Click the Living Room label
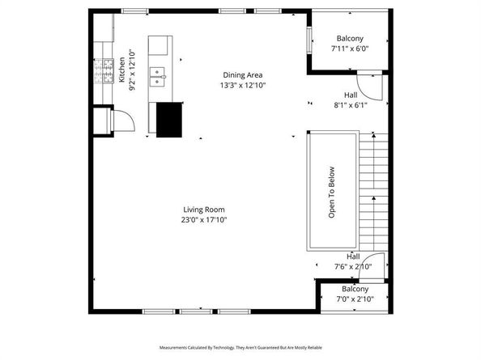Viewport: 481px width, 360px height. (x=203, y=210)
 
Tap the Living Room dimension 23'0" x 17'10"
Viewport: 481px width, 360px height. (x=203, y=219)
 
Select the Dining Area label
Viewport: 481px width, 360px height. (x=242, y=75)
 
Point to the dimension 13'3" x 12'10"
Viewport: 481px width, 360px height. (x=242, y=85)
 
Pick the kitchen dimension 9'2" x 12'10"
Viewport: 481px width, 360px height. (x=132, y=70)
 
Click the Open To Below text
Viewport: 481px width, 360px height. (x=331, y=193)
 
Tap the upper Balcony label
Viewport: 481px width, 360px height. (x=350, y=38)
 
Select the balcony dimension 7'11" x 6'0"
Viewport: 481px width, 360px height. (x=350, y=48)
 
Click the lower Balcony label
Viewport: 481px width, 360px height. (x=355, y=289)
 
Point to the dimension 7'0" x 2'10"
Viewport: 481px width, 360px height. (x=355, y=299)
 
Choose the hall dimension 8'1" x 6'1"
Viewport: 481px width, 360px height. (x=350, y=104)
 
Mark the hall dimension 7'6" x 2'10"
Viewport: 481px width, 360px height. (x=353, y=266)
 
